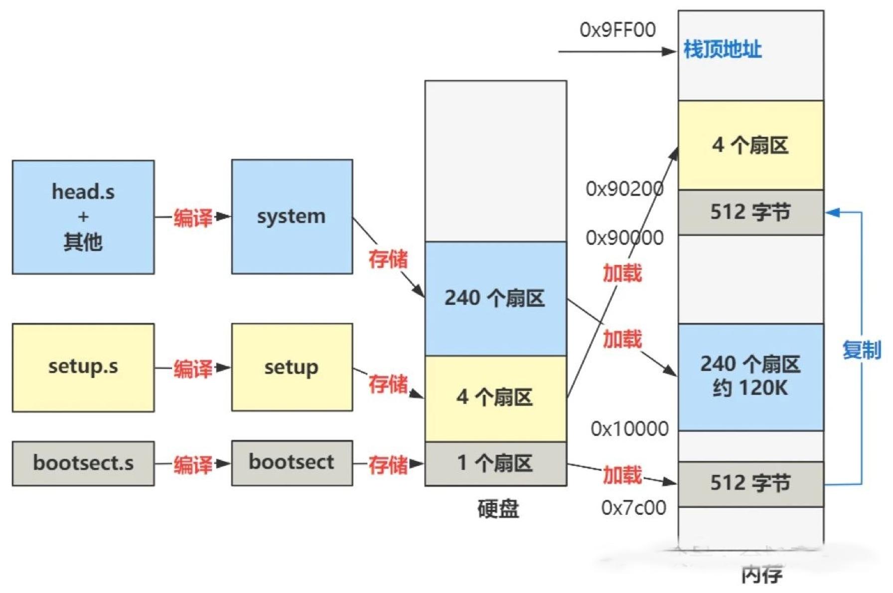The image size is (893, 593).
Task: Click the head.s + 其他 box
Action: pos(83,217)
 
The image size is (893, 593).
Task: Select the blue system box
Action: pos(292,216)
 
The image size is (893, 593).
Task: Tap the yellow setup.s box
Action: pos(83,367)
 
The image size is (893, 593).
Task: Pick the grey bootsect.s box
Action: pos(83,463)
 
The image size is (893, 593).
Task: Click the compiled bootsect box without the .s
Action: pos(292,462)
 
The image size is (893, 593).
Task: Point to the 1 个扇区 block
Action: pos(495,463)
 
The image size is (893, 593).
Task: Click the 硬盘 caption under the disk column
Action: pos(498,509)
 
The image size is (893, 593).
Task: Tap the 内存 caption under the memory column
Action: pos(761,575)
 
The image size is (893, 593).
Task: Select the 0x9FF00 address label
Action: pos(617,30)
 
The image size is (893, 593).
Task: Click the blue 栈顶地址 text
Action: pos(723,49)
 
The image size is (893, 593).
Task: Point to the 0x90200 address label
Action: pos(624,189)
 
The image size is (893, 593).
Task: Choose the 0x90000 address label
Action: pos(624,238)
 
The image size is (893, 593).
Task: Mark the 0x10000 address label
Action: pos(629,429)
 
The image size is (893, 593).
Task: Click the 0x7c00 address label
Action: pos(633,508)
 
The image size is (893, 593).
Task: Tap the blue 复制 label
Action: pos(862,350)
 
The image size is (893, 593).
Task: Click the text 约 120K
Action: pos(750,388)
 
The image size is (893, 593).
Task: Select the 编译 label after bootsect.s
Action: pos(193,464)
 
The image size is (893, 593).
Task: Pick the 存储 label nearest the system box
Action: pos(388,259)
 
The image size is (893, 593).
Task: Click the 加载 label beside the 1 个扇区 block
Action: pos(622,475)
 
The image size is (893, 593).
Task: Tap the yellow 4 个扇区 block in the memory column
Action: pos(750,145)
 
